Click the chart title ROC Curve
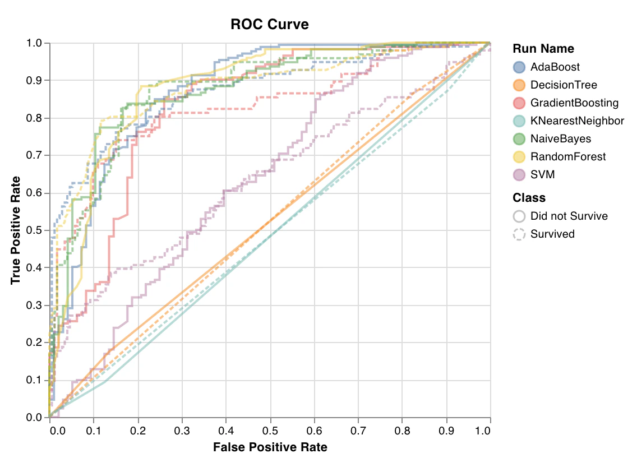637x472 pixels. (x=270, y=25)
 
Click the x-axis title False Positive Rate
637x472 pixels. (x=270, y=447)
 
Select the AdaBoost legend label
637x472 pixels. (x=555, y=67)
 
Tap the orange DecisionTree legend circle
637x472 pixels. (x=519, y=85)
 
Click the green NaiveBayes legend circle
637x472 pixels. (x=519, y=139)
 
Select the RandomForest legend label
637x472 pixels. (x=568, y=157)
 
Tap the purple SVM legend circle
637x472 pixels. (x=519, y=175)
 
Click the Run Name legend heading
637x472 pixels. (x=543, y=49)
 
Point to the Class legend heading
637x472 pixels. (x=529, y=198)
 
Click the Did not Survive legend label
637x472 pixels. (x=569, y=216)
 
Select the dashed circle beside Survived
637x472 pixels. (x=519, y=234)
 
